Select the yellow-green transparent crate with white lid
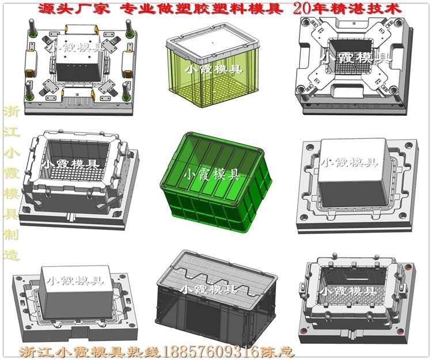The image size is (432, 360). pyautogui.click(x=213, y=65)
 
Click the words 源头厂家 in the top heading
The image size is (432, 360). pyautogui.click(x=74, y=10)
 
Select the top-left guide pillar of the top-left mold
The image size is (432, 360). pyautogui.click(x=32, y=28)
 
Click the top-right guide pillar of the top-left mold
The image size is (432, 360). pyautogui.click(x=129, y=28)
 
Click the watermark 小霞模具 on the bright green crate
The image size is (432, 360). pyautogui.click(x=212, y=174)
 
